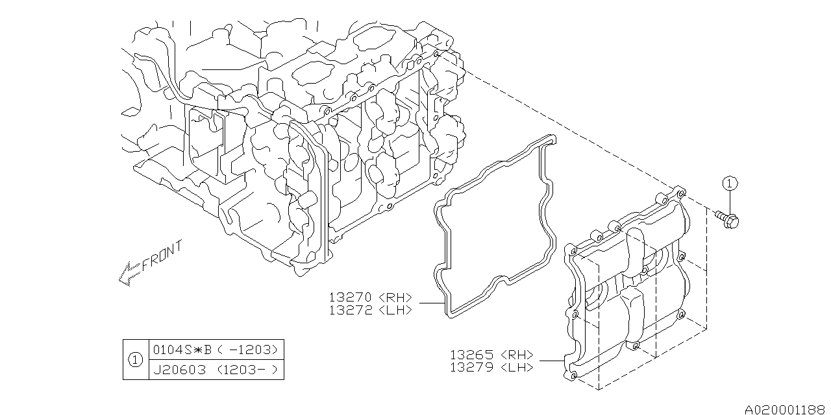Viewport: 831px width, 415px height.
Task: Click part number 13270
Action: click(351, 297)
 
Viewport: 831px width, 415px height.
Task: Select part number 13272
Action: click(351, 310)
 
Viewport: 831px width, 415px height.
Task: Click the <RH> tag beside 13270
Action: click(395, 297)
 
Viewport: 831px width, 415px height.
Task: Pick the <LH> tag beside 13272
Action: click(395, 310)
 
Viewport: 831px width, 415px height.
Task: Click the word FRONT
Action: click(162, 255)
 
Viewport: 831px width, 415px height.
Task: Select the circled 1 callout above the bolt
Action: click(729, 184)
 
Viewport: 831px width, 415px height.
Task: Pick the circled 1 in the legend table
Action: click(135, 359)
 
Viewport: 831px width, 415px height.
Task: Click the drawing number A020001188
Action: click(786, 409)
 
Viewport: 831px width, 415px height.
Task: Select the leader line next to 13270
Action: click(430, 303)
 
